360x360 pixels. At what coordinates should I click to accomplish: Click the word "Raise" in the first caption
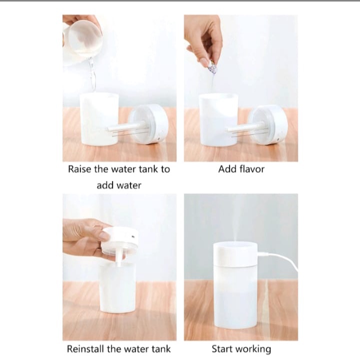coord(79,169)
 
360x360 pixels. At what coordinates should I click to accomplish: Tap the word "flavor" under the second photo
coord(252,169)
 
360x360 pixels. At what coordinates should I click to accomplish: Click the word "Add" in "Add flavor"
coord(227,169)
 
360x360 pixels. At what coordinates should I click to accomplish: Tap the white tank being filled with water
coord(99,119)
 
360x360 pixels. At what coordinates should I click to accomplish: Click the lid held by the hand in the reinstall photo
coord(120,241)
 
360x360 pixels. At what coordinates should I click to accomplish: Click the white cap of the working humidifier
coord(235,252)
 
